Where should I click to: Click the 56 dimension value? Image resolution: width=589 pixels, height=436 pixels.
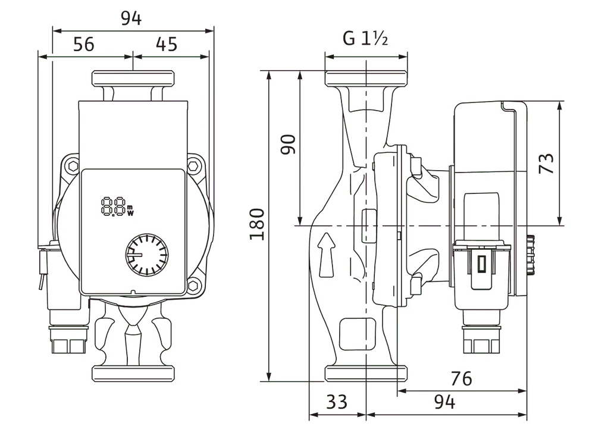(x=84, y=44)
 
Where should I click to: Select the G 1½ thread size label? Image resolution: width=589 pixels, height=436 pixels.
(x=365, y=39)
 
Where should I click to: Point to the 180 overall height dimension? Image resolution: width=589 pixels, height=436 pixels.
(x=256, y=224)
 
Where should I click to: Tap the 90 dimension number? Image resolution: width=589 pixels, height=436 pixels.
(x=288, y=145)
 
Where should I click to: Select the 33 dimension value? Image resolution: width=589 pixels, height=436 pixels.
(x=337, y=403)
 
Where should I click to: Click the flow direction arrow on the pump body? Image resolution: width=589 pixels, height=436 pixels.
(x=326, y=255)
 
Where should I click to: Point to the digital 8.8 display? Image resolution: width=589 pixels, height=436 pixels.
(x=113, y=207)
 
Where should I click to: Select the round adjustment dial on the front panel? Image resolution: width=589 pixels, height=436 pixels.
(x=147, y=256)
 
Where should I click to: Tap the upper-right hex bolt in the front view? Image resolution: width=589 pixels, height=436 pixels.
(x=195, y=165)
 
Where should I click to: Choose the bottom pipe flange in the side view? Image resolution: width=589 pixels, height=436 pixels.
(x=366, y=374)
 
